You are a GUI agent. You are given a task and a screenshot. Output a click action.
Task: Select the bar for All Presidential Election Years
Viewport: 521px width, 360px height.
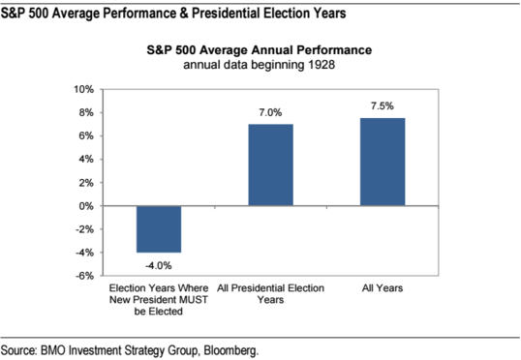(x=270, y=165)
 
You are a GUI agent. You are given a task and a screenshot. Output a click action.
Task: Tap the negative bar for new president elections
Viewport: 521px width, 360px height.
(x=158, y=229)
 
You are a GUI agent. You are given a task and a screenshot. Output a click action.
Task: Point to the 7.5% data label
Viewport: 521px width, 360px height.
(x=383, y=106)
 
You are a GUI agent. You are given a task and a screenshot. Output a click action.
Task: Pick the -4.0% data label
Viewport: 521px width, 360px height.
(x=158, y=262)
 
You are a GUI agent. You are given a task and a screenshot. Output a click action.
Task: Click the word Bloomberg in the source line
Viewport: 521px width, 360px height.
(x=230, y=349)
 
